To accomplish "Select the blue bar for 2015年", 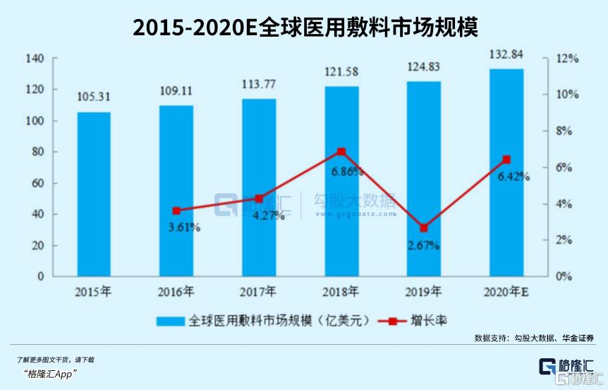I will pos(94,194).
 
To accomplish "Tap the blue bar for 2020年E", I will pos(507,173).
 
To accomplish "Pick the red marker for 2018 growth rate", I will pos(341,152).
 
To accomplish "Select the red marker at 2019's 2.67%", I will pos(424,228).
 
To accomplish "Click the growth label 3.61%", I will pos(184,227).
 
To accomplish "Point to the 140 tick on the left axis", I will pos(35,59).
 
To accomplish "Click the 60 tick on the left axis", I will pos(37,183).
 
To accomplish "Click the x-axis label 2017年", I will pos(259,291).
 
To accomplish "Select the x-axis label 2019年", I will pos(424,291).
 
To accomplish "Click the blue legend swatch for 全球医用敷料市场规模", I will pos(171,321).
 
